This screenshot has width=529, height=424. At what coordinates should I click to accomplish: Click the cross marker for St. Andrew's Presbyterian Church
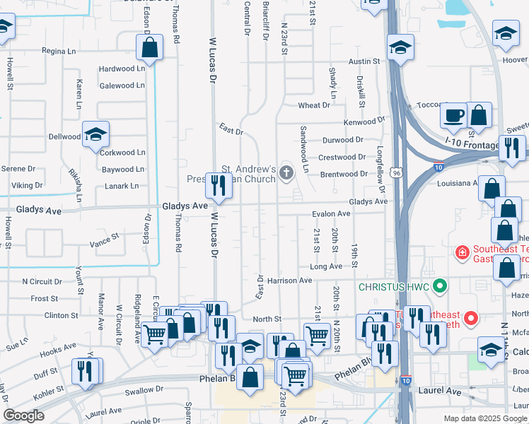(x=286, y=173)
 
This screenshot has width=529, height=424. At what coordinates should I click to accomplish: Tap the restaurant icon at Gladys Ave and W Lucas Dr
(x=219, y=185)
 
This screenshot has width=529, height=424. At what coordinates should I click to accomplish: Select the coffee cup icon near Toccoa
(x=453, y=114)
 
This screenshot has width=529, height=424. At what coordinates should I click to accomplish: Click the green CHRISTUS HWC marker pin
(x=440, y=286)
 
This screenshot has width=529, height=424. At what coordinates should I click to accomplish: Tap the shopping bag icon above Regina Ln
(x=150, y=48)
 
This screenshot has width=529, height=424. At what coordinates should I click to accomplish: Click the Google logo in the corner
(x=24, y=416)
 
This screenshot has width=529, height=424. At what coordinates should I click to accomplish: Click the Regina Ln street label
(x=59, y=51)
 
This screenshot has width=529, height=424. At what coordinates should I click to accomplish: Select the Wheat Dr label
(x=314, y=105)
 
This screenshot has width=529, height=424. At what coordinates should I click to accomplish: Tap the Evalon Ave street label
(x=332, y=213)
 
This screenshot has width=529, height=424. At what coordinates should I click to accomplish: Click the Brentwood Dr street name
(x=344, y=174)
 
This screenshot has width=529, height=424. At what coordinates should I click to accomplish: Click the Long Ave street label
(x=326, y=266)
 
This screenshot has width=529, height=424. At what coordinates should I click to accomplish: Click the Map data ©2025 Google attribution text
(x=484, y=418)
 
